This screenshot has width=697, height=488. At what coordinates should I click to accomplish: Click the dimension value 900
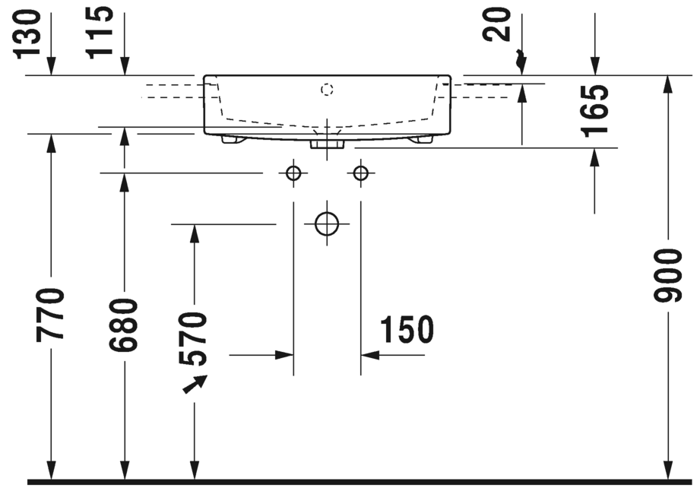[670, 275]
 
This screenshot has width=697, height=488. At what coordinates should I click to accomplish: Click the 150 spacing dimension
[407, 330]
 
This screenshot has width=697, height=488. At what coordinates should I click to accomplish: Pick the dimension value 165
[595, 110]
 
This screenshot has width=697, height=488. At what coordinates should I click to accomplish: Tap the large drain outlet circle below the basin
[327, 223]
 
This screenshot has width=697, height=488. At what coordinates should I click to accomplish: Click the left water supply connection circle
[293, 173]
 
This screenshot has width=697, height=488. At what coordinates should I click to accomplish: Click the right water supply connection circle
[360, 173]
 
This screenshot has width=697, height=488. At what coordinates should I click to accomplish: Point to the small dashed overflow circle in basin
[327, 90]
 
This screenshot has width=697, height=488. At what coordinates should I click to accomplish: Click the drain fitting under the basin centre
[328, 142]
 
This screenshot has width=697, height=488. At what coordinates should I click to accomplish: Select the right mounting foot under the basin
[421, 139]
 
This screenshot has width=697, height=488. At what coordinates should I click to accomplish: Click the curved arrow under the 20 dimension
[520, 60]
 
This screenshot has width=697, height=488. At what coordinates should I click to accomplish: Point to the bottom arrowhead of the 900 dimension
[669, 471]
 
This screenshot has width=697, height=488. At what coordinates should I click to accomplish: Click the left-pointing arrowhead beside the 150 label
[369, 354]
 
